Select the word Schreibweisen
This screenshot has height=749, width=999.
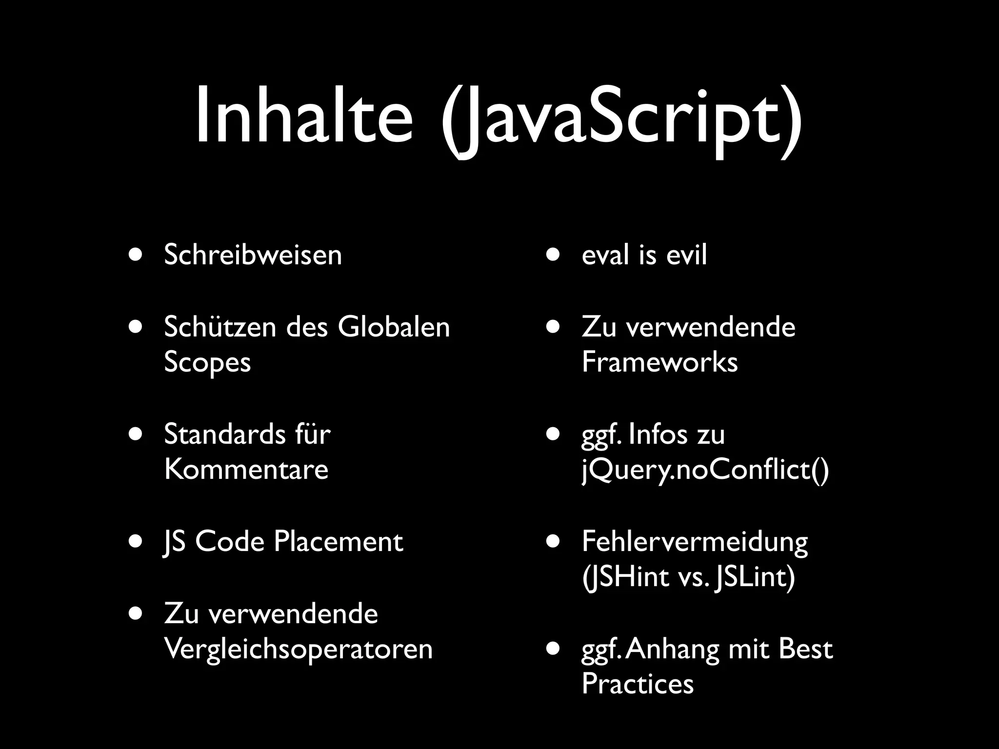click(x=253, y=255)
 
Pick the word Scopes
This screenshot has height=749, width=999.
click(x=207, y=363)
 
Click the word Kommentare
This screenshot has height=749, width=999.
click(x=246, y=470)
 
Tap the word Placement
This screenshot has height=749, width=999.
click(x=338, y=541)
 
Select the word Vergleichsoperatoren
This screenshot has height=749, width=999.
click(x=298, y=649)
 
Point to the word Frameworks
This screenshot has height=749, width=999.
click(x=659, y=362)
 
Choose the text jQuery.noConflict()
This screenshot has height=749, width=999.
click(x=705, y=471)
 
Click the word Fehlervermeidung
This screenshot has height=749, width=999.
click(x=695, y=542)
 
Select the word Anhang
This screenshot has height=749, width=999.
click(x=672, y=650)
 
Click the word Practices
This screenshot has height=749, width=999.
click(x=637, y=684)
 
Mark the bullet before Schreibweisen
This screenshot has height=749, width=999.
click(x=136, y=255)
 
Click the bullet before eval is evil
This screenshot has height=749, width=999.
click(x=553, y=255)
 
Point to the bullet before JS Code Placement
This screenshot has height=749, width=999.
click(x=136, y=541)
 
